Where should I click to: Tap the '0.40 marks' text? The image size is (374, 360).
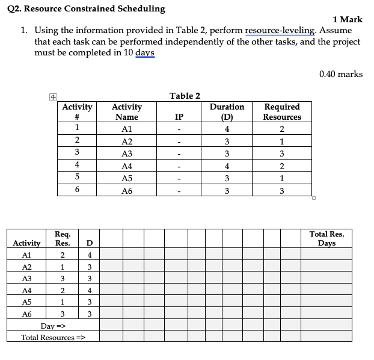[x=341, y=74]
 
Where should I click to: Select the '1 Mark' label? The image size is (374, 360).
[x=347, y=19]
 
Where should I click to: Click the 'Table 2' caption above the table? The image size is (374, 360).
[x=185, y=96]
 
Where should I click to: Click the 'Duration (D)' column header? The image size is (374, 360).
[x=227, y=112]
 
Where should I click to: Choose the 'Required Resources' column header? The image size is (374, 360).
[x=282, y=112]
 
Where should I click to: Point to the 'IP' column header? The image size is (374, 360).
[x=179, y=117]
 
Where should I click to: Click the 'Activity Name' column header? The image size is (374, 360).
[x=127, y=112]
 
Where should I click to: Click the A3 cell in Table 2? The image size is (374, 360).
[x=127, y=154]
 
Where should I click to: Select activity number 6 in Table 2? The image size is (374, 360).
[x=77, y=190]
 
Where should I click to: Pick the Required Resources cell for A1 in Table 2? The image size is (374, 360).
[x=282, y=129]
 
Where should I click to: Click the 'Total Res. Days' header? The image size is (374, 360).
[x=326, y=238]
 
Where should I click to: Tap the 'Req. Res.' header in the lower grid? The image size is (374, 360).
[x=62, y=238]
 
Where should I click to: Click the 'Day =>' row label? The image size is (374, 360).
[x=53, y=326]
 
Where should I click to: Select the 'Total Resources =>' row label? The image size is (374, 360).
[x=53, y=337]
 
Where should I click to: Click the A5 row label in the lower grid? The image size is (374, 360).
[x=26, y=302]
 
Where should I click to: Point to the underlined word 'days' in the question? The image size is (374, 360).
[x=145, y=53]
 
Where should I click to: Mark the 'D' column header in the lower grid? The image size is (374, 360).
[x=89, y=243]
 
